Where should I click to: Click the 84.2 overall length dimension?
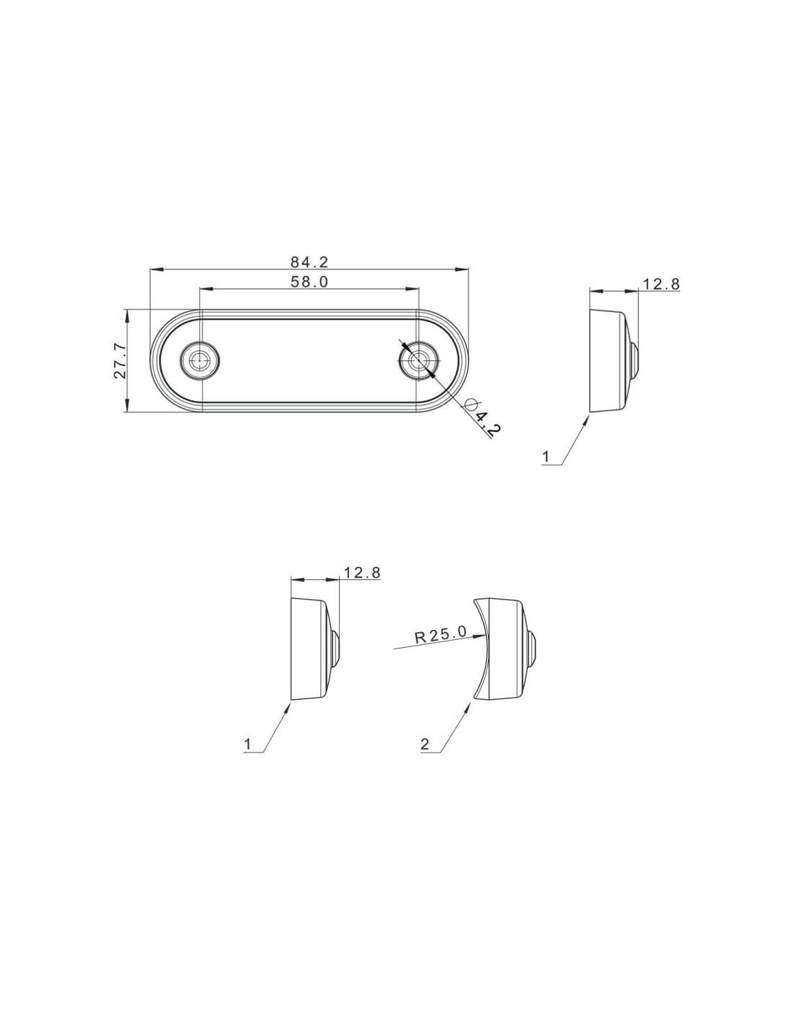coord(309,261)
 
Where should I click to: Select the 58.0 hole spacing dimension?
coord(309,282)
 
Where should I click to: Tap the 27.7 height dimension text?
coord(120,360)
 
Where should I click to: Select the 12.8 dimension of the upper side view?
coord(661,284)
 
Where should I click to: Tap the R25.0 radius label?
coord(441,634)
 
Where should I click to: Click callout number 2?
coord(425,744)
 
